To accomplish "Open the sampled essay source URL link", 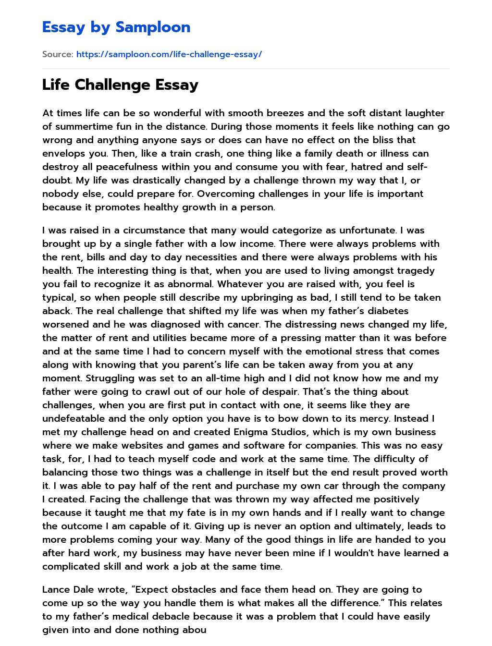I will (x=169, y=54).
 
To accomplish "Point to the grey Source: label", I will (x=58, y=54).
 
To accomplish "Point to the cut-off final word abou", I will (x=194, y=630).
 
